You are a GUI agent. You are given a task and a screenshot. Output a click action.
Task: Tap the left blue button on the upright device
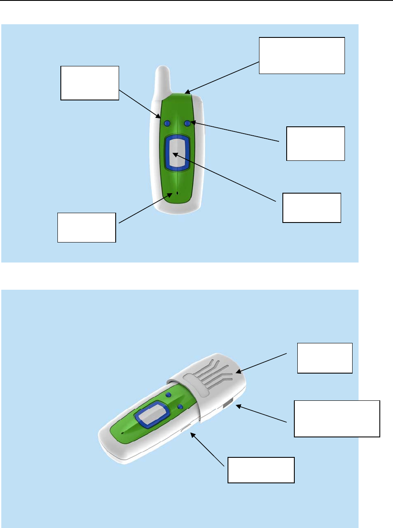[x=167, y=123]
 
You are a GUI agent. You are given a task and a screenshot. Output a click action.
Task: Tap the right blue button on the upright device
[x=187, y=123]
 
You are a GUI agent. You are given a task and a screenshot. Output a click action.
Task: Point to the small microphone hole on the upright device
[x=177, y=194]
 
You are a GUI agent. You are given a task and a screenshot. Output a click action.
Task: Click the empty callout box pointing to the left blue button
[x=89, y=83]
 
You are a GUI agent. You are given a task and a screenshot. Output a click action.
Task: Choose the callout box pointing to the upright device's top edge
[x=302, y=56]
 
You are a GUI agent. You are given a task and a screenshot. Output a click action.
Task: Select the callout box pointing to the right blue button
[x=315, y=143]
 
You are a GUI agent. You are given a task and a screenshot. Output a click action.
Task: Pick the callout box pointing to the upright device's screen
[x=312, y=208]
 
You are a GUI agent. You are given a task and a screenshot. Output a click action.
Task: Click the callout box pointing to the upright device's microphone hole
[x=86, y=227]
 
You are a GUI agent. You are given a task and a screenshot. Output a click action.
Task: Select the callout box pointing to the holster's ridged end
[x=325, y=358]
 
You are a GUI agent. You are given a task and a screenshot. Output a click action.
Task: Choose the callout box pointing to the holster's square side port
[x=336, y=419]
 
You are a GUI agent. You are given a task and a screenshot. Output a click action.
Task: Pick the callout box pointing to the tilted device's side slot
[x=261, y=470]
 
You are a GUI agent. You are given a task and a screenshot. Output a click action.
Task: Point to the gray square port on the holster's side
[x=228, y=403]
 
